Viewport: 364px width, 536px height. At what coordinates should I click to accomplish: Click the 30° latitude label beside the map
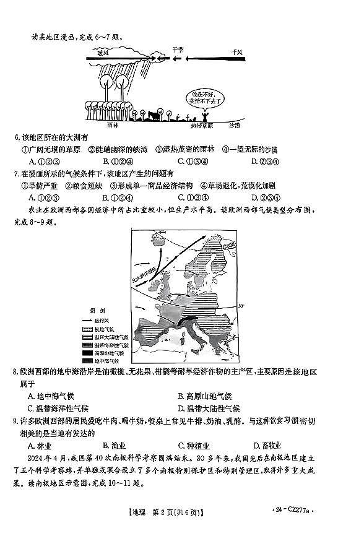(242, 305)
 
